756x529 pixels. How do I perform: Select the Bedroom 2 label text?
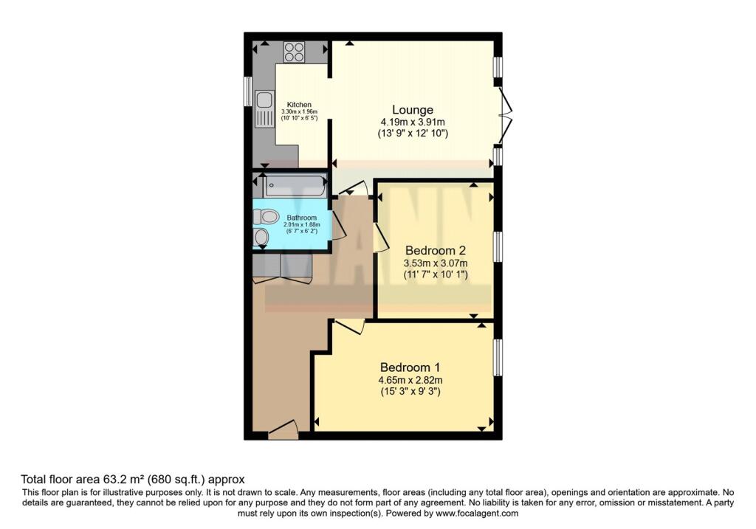pos(436,250)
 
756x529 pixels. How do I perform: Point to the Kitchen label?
pos(299,104)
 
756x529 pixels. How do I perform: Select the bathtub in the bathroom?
pos(295,186)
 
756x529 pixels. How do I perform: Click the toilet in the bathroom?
pos(265,217)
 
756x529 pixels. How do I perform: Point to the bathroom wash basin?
pos(261,237)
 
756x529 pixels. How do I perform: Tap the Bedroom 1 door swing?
pos(348,326)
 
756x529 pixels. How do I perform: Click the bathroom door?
pos(340,224)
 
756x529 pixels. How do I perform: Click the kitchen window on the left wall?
pos(248,91)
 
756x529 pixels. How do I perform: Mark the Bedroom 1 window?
pos(498,357)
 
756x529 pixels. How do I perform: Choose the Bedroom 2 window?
pos(498,246)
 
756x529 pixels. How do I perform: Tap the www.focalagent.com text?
pos(478,514)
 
